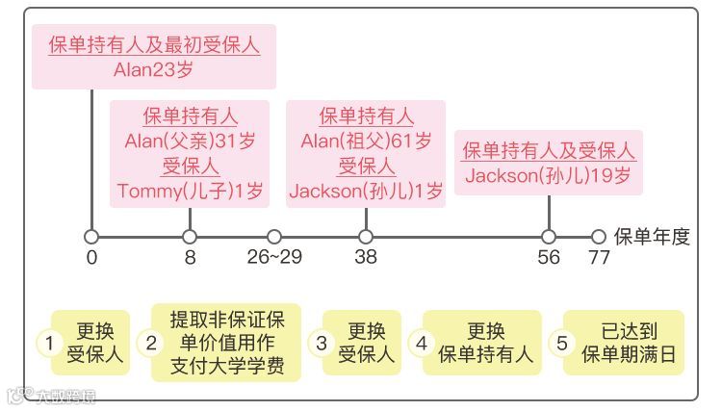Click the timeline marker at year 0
click(91, 237)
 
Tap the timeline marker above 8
click(190, 237)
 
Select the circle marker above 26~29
click(274, 237)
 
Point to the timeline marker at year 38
click(366, 237)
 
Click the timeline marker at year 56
click(549, 237)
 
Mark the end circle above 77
click(599, 237)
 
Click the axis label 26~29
click(274, 258)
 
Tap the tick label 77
click(599, 258)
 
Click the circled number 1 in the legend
click(48, 343)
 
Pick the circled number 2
click(151, 343)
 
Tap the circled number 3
click(322, 343)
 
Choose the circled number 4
click(421, 343)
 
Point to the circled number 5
click(563, 343)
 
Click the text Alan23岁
click(154, 69)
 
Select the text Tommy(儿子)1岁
click(190, 191)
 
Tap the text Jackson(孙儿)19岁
click(549, 176)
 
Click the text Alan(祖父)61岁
click(366, 141)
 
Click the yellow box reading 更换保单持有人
click(485, 343)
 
